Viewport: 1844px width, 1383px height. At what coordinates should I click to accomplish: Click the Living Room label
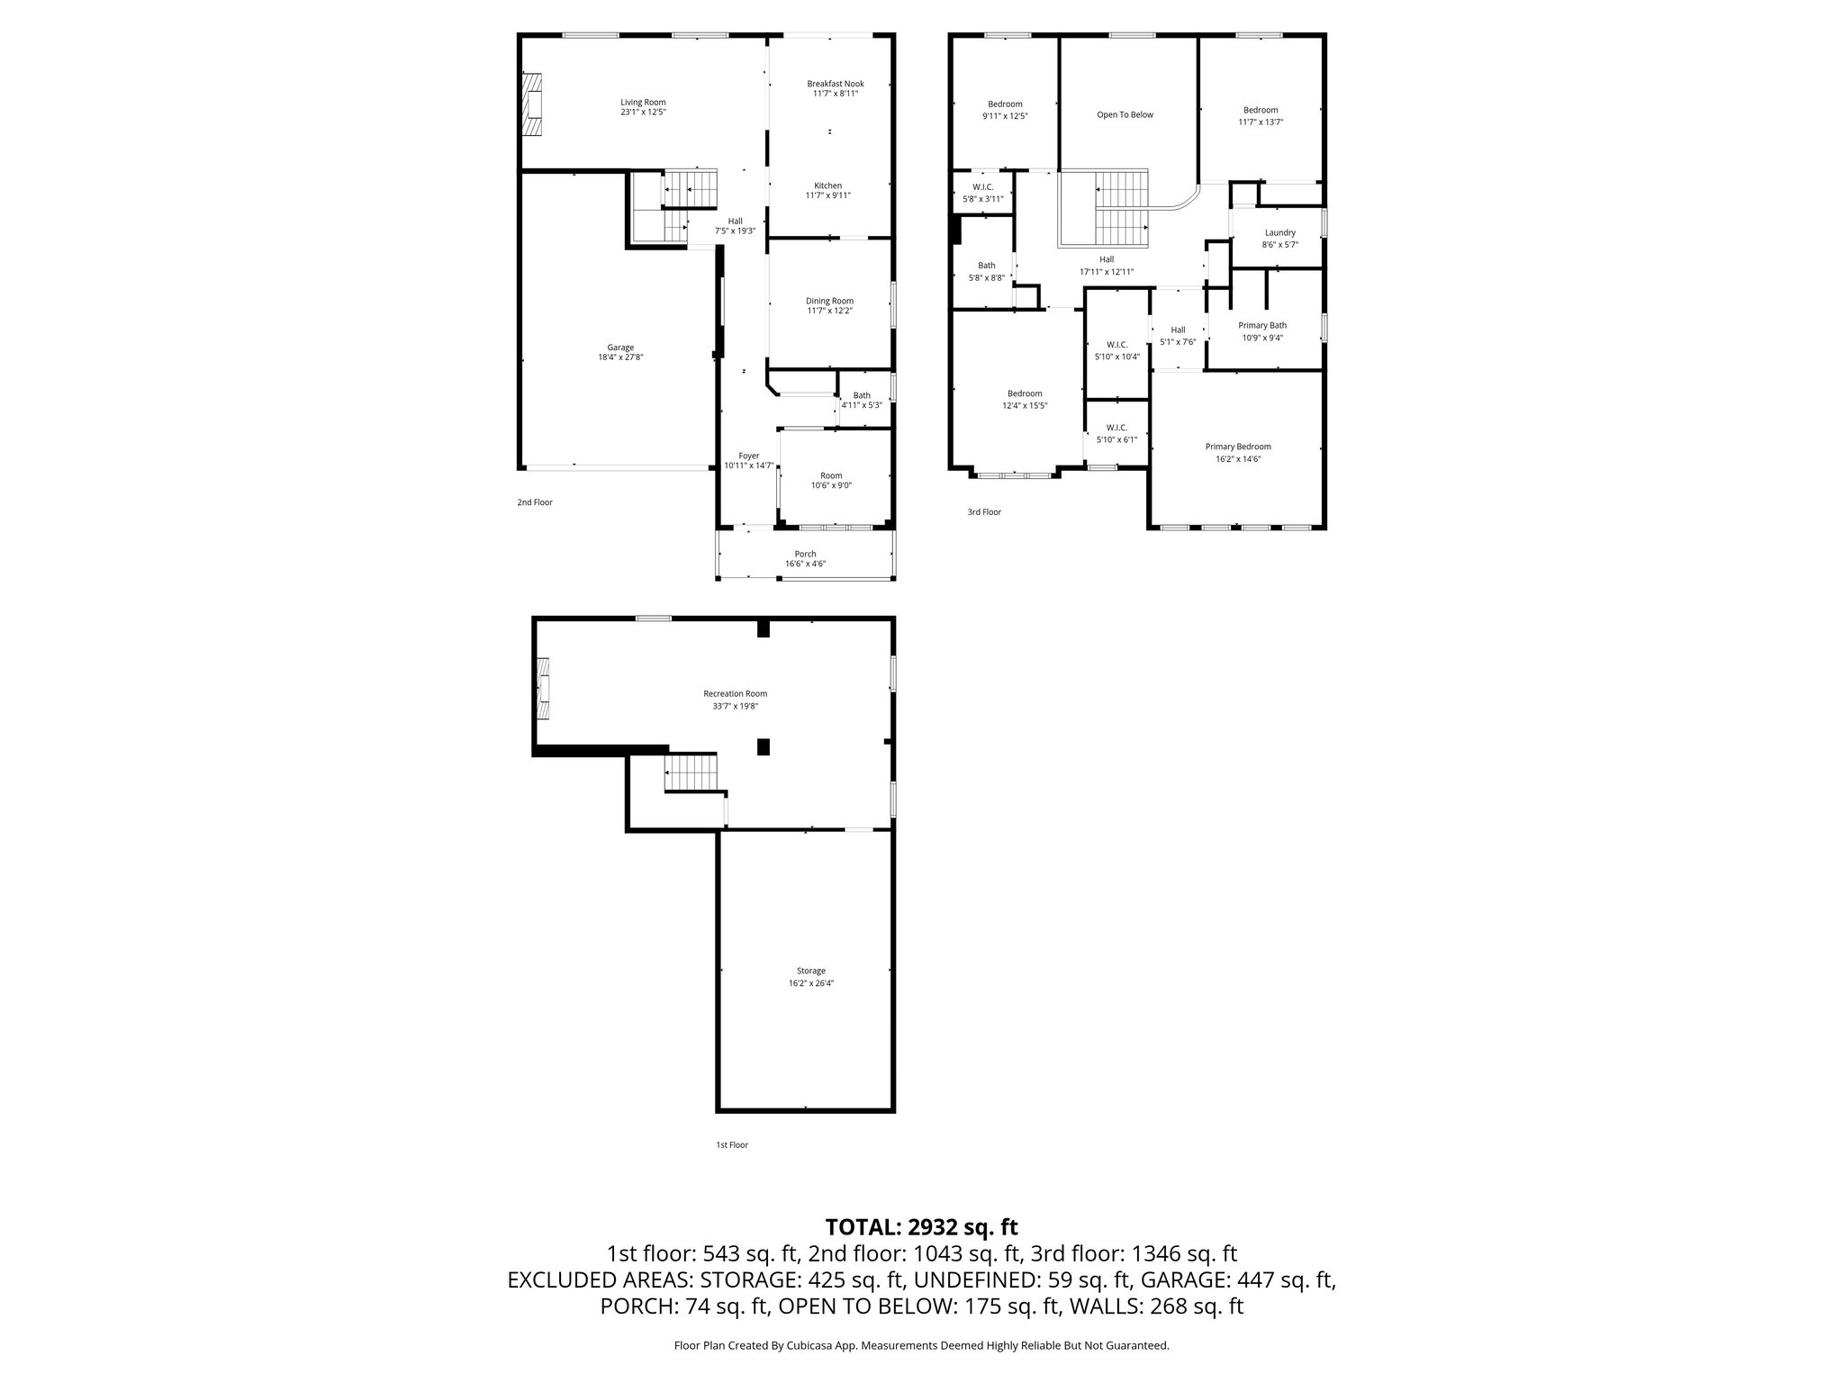point(643,102)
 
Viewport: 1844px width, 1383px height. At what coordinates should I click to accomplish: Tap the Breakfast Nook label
point(836,84)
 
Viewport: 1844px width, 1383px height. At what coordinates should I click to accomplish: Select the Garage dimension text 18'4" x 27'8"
point(620,357)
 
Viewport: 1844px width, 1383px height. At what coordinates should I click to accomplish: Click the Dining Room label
point(829,301)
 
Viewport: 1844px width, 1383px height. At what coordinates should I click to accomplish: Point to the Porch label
point(805,554)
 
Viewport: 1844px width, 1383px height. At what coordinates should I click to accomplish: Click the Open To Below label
point(1125,114)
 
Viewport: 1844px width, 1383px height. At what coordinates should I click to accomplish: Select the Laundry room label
point(1279,232)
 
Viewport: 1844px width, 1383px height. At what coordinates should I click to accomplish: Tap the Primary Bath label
point(1262,325)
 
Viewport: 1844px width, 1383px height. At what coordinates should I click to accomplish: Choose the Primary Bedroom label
point(1238,447)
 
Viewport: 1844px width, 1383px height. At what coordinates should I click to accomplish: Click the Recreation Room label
point(735,693)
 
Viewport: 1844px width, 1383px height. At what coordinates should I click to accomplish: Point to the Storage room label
point(810,971)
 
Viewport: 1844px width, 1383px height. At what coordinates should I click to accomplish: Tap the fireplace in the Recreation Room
point(543,690)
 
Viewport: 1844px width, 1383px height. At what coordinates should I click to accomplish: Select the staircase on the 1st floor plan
point(694,774)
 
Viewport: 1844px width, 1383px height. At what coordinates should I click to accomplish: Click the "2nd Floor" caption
point(535,502)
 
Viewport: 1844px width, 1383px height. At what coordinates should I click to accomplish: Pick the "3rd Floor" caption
point(984,512)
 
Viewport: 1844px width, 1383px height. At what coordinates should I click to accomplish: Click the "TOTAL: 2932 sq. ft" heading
point(921,1226)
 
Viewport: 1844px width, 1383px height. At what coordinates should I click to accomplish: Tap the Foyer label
point(748,456)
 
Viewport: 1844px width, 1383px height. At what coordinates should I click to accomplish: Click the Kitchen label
point(827,185)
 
